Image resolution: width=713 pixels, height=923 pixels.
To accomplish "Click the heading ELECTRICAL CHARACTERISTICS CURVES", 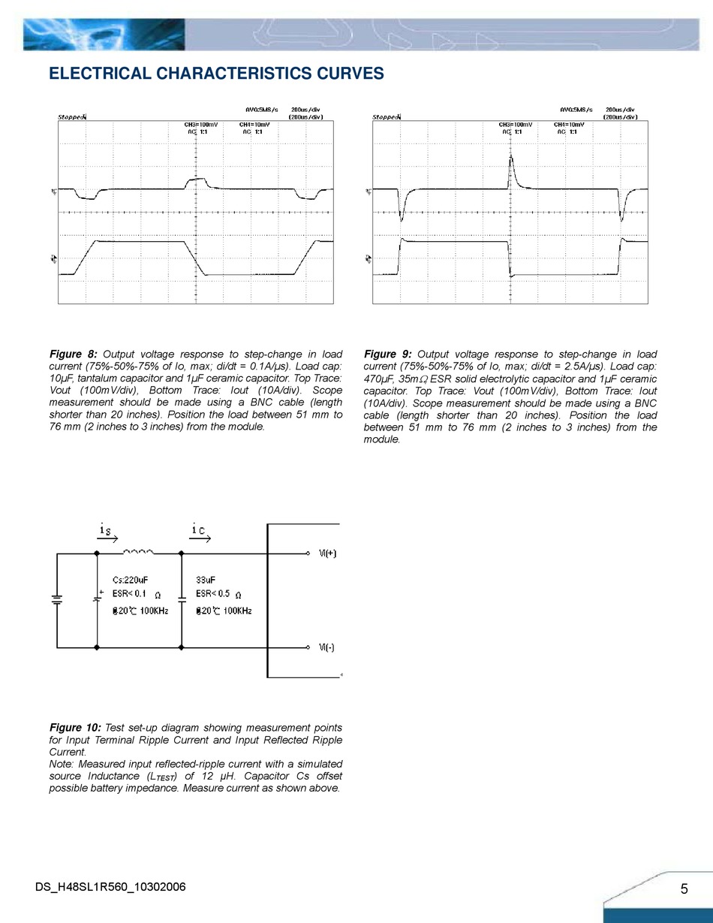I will pyautogui.click(x=216, y=74).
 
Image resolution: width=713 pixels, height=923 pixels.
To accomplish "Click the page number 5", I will pyautogui.click(x=684, y=889).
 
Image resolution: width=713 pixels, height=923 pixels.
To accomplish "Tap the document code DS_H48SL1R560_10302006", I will pyautogui.click(x=110, y=888).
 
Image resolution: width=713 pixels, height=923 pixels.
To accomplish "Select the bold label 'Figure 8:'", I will pyautogui.click(x=73, y=354).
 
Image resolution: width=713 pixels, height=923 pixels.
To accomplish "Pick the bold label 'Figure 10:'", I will pyautogui.click(x=75, y=728).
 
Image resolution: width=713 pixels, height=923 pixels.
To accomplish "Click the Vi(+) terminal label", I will pyautogui.click(x=327, y=554).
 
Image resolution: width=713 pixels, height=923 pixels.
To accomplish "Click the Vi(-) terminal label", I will pyautogui.click(x=326, y=647).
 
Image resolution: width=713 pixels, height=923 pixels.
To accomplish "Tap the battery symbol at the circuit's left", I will pyautogui.click(x=57, y=599).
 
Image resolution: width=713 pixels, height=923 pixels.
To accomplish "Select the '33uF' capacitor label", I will pyautogui.click(x=206, y=580).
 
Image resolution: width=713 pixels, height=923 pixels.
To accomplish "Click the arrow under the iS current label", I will pyautogui.click(x=107, y=538).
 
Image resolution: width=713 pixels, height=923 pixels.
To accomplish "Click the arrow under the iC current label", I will pyautogui.click(x=201, y=538).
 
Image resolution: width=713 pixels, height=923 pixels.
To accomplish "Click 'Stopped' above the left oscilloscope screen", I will pyautogui.click(x=72, y=117).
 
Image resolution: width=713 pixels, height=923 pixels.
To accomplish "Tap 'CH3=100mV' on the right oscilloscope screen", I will pyautogui.click(x=515, y=125).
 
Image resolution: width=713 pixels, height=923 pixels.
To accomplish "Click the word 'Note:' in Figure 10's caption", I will pyautogui.click(x=62, y=764).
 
